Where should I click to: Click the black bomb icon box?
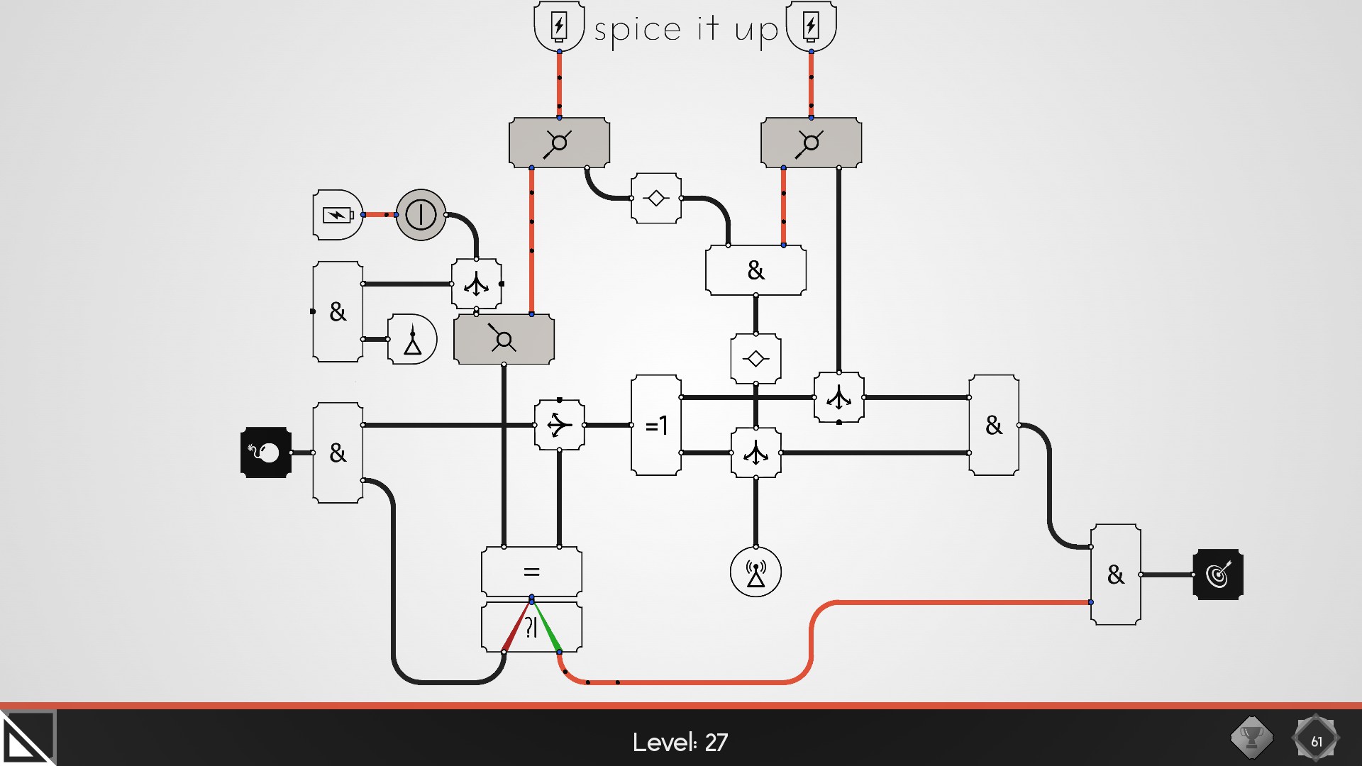266,453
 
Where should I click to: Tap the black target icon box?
1218,574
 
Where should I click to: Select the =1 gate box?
656,426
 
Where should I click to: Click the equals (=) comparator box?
531,572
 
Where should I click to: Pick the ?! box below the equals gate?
531,627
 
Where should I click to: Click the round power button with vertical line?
421,214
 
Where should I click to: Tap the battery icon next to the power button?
338,214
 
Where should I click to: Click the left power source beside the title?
559,27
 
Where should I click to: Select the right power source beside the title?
811,27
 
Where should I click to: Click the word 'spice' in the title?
637,30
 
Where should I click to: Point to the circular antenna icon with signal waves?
755,572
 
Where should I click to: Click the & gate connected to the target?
1115,574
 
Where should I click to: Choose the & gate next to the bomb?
338,453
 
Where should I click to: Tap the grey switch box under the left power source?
559,143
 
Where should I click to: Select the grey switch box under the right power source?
811,143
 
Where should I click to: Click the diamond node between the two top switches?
656,199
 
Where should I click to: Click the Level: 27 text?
680,742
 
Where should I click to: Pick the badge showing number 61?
1316,740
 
